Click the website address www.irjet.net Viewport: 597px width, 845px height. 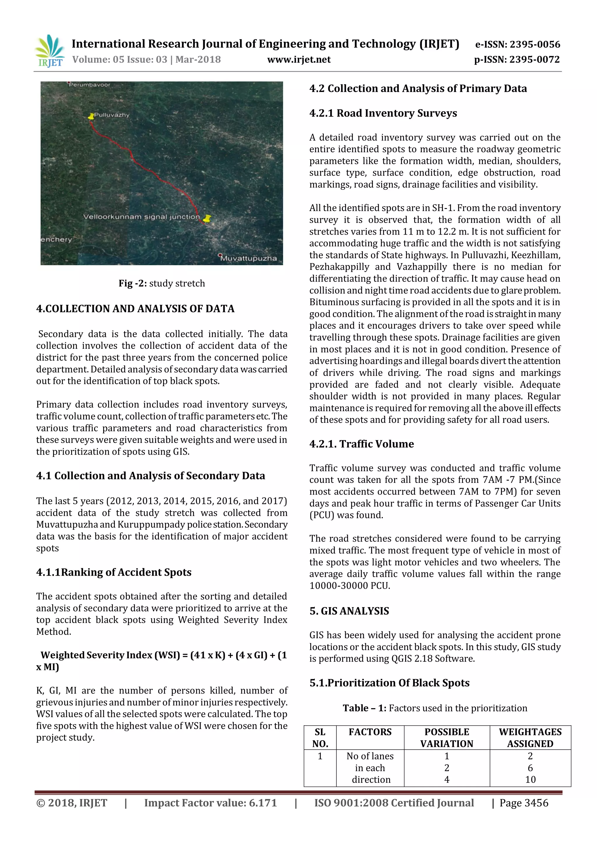point(298,60)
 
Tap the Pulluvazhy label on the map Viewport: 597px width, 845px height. point(111,115)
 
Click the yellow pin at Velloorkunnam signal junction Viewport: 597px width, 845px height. point(207,219)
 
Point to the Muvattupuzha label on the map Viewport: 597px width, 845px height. point(248,258)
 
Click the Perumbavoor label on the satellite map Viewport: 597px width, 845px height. point(89,85)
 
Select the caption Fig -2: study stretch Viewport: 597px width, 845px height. point(162,283)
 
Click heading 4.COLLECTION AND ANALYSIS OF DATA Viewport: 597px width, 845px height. point(135,308)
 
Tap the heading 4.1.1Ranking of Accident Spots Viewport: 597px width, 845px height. point(114,572)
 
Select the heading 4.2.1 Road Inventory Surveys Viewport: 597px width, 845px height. point(383,113)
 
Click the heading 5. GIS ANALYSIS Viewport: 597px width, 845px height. point(349,611)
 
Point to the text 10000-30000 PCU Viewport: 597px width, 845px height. point(350,586)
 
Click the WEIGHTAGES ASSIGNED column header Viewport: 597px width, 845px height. point(530,738)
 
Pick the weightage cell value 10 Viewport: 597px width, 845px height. point(530,779)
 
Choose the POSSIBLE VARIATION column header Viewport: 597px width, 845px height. point(447,738)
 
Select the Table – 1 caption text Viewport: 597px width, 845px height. point(435,708)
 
